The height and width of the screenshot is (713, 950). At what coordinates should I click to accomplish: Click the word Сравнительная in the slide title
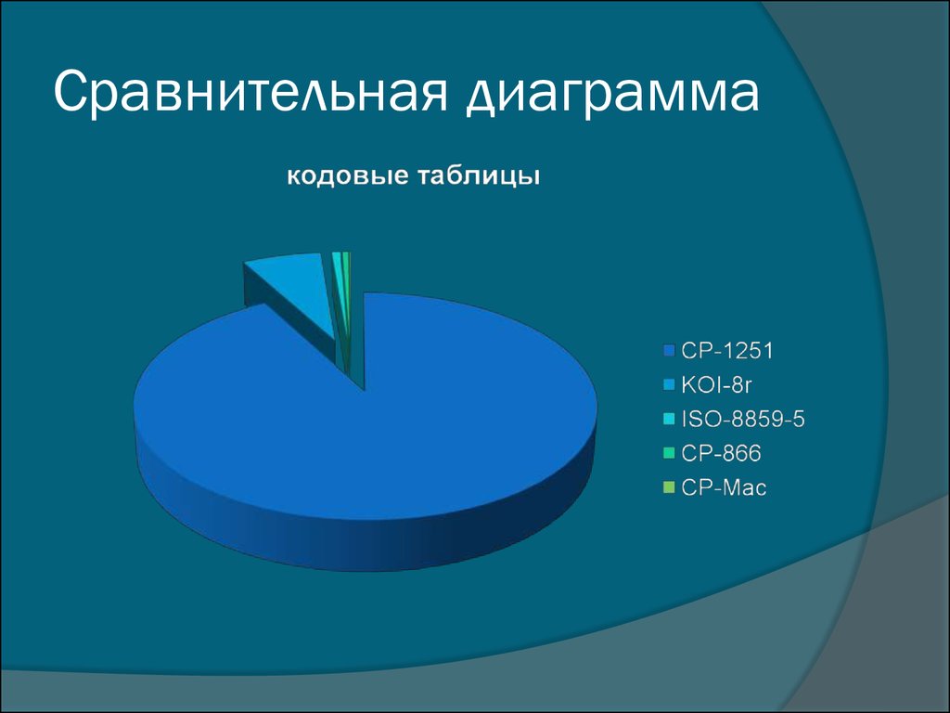click(250, 92)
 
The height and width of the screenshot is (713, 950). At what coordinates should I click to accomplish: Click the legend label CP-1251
click(727, 350)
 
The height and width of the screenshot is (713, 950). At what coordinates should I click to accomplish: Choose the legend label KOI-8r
click(716, 384)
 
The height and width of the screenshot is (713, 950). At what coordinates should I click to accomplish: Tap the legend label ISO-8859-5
click(743, 419)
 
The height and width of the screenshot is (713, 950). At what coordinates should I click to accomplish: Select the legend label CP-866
click(721, 453)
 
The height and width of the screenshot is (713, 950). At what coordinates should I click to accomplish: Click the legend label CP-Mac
click(724, 487)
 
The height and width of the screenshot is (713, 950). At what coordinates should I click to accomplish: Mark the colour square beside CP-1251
click(669, 350)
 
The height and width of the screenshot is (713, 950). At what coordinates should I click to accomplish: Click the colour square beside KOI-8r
click(669, 384)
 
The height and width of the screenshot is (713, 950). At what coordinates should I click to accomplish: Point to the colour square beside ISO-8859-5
click(669, 419)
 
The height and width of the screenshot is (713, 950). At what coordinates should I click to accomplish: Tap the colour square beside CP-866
click(669, 453)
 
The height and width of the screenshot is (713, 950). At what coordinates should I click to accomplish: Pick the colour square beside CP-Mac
click(669, 487)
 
